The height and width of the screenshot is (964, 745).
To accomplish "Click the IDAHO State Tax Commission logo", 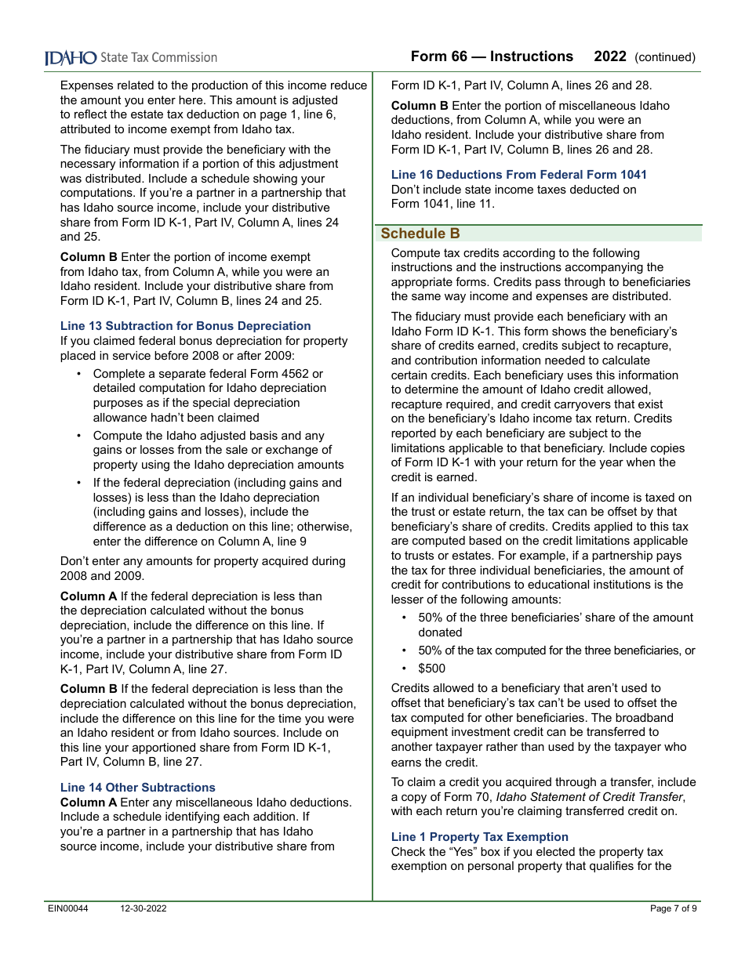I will pyautogui.click(x=130, y=57).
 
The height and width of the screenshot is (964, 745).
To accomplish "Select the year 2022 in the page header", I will pyautogui.click(x=610, y=56).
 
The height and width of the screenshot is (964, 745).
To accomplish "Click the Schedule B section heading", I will pyautogui.click(x=420, y=234).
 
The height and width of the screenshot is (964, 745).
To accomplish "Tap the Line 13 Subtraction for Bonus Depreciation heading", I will pyautogui.click(x=185, y=326).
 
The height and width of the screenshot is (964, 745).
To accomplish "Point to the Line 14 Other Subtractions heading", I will pyautogui.click(x=137, y=788).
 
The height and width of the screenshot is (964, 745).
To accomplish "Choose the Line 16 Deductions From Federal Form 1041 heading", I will pyautogui.click(x=518, y=175).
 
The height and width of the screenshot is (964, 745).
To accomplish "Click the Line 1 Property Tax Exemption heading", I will pyautogui.click(x=479, y=837).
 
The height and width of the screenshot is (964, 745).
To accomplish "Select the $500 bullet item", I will pyautogui.click(x=431, y=669).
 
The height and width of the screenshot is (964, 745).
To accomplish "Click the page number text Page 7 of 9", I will pyautogui.click(x=673, y=908).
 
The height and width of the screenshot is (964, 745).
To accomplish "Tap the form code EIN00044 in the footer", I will pyautogui.click(x=68, y=908).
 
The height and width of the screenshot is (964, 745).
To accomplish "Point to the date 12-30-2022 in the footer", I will pyautogui.click(x=144, y=908).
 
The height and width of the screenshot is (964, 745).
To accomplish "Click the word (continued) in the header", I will pyautogui.click(x=665, y=57).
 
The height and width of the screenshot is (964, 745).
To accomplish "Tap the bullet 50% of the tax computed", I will pyautogui.click(x=556, y=651).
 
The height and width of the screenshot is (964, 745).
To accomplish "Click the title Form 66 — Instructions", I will pyautogui.click(x=492, y=56).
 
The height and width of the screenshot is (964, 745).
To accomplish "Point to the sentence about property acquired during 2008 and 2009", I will pyautogui.click(x=202, y=568).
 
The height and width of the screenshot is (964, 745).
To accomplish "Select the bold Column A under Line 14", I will pyautogui.click(x=88, y=803).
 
